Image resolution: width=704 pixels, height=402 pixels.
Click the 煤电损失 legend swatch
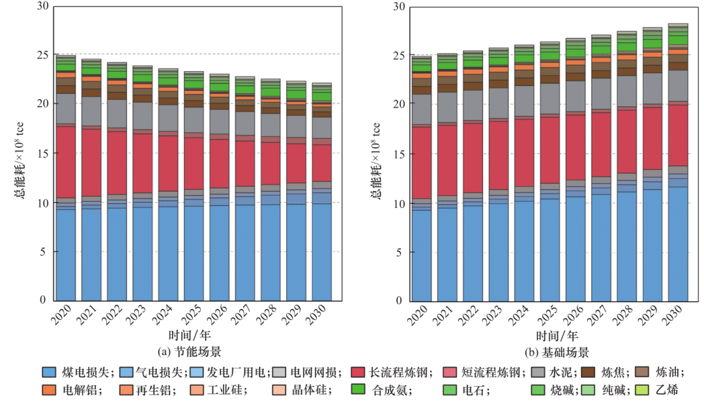coord(50,373)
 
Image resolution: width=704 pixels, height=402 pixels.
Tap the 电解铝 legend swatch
coord(50,390)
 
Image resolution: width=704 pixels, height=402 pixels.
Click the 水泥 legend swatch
coord(538,373)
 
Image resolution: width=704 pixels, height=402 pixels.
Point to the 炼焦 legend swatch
coord(589,373)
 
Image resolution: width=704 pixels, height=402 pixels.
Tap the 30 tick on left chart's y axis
coord(43,7)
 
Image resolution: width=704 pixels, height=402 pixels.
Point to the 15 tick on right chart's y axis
coord(398,154)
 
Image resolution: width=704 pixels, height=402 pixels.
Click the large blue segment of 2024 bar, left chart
coord(167,253)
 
